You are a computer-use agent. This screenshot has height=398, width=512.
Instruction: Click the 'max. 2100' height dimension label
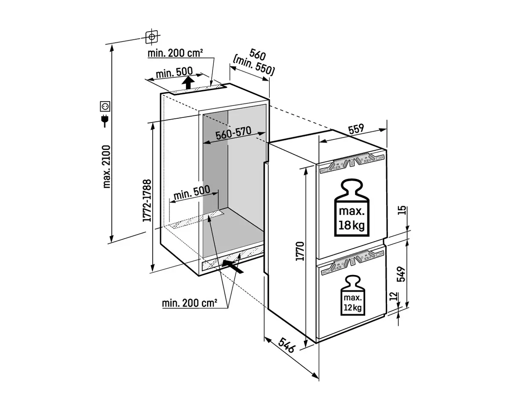(106, 166)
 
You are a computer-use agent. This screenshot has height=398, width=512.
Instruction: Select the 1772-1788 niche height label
(146, 199)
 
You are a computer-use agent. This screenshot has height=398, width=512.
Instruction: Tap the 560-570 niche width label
(233, 135)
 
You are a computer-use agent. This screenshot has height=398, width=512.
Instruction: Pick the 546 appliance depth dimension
(287, 345)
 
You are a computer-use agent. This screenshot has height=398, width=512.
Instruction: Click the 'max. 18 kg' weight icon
(352, 208)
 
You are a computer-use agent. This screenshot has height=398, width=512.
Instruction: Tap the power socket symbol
(105, 105)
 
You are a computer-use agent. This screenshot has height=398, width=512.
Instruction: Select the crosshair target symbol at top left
(151, 37)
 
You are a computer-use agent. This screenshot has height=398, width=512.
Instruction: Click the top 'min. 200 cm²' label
(175, 53)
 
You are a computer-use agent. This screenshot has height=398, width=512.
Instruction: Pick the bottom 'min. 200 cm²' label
(189, 303)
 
